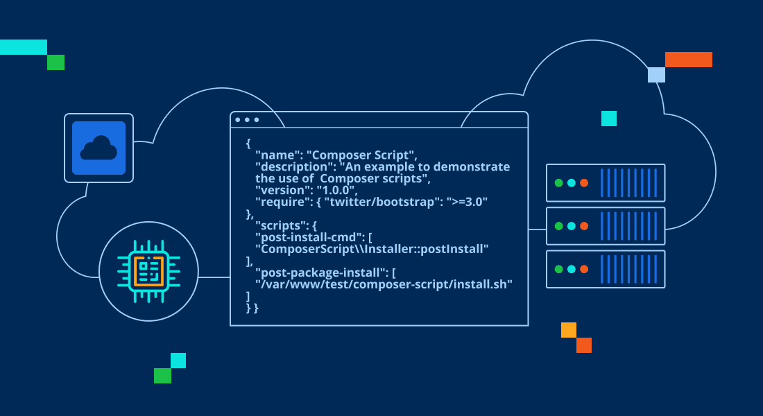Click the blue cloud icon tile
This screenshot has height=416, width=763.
[98, 148]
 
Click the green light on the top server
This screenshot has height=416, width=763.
[558, 183]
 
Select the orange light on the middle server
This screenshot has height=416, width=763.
[584, 226]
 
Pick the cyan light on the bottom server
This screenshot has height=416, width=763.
[572, 269]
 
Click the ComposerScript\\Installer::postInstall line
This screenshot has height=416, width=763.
[372, 249]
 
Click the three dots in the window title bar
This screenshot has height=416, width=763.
[247, 120]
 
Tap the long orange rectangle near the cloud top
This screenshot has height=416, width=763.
[689, 60]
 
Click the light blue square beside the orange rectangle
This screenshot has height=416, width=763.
[656, 75]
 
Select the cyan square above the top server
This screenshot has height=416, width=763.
[609, 119]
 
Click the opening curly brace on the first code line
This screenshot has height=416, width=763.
[248, 144]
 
